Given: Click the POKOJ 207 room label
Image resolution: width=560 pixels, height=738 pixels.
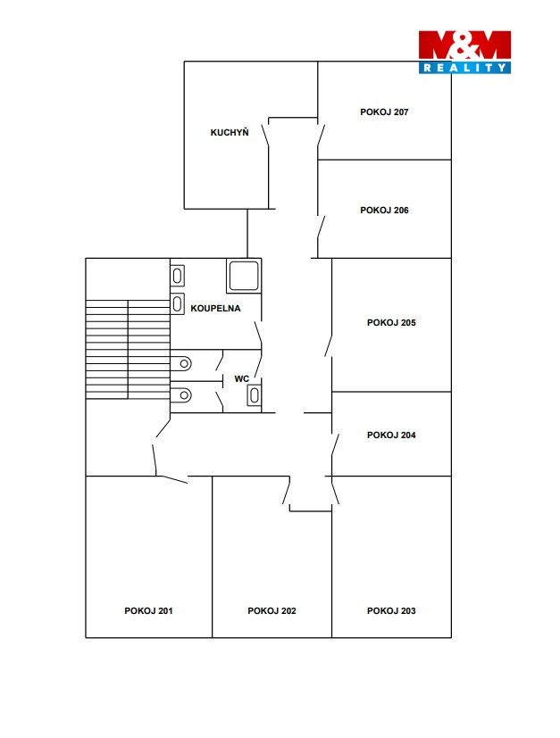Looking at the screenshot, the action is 384,112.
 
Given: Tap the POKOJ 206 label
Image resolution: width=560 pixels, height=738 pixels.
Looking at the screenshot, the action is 384,211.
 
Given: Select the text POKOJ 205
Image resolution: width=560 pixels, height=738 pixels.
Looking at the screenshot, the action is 391,323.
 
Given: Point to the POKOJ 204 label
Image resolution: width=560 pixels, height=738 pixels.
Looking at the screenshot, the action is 391,435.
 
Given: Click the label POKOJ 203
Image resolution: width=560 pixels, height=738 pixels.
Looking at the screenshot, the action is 391,611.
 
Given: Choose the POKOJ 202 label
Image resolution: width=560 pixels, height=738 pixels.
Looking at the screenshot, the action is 272,611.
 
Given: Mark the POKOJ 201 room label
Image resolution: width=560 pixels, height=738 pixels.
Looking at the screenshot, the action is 148,611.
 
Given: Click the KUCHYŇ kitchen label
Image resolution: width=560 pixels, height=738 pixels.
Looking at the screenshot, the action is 230,132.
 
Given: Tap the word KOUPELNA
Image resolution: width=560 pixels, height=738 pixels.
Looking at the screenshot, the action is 215,309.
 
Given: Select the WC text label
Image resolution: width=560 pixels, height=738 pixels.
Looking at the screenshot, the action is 242,379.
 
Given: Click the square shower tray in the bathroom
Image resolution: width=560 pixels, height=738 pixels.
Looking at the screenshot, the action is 244,276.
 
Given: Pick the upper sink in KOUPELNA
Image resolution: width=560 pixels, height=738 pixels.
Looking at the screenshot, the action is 177,276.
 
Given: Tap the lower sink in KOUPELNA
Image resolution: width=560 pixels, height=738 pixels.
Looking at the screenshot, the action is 177,304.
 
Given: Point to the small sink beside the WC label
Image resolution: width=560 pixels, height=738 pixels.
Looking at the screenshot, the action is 255,395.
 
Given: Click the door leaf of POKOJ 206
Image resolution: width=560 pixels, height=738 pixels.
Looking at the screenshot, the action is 322,228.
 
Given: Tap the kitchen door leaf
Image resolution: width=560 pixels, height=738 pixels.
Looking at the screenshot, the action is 266,132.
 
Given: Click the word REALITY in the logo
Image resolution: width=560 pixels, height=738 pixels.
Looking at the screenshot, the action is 464,68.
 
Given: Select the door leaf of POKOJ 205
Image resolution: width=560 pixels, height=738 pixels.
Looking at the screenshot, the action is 329,345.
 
